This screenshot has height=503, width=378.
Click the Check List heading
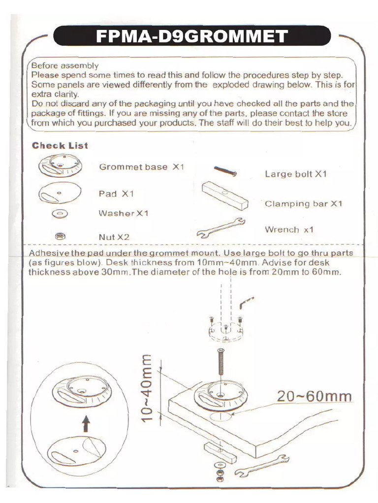(60, 145)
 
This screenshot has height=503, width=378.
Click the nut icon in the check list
(58, 235)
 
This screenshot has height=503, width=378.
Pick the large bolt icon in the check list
(225, 171)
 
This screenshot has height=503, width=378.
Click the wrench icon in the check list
(220, 227)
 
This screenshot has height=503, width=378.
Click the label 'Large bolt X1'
(295, 174)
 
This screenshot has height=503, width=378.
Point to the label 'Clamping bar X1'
(303, 203)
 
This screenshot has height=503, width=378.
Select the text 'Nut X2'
(114, 237)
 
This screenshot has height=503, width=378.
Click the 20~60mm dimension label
(314, 396)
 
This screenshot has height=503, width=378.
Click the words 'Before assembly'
(64, 65)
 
